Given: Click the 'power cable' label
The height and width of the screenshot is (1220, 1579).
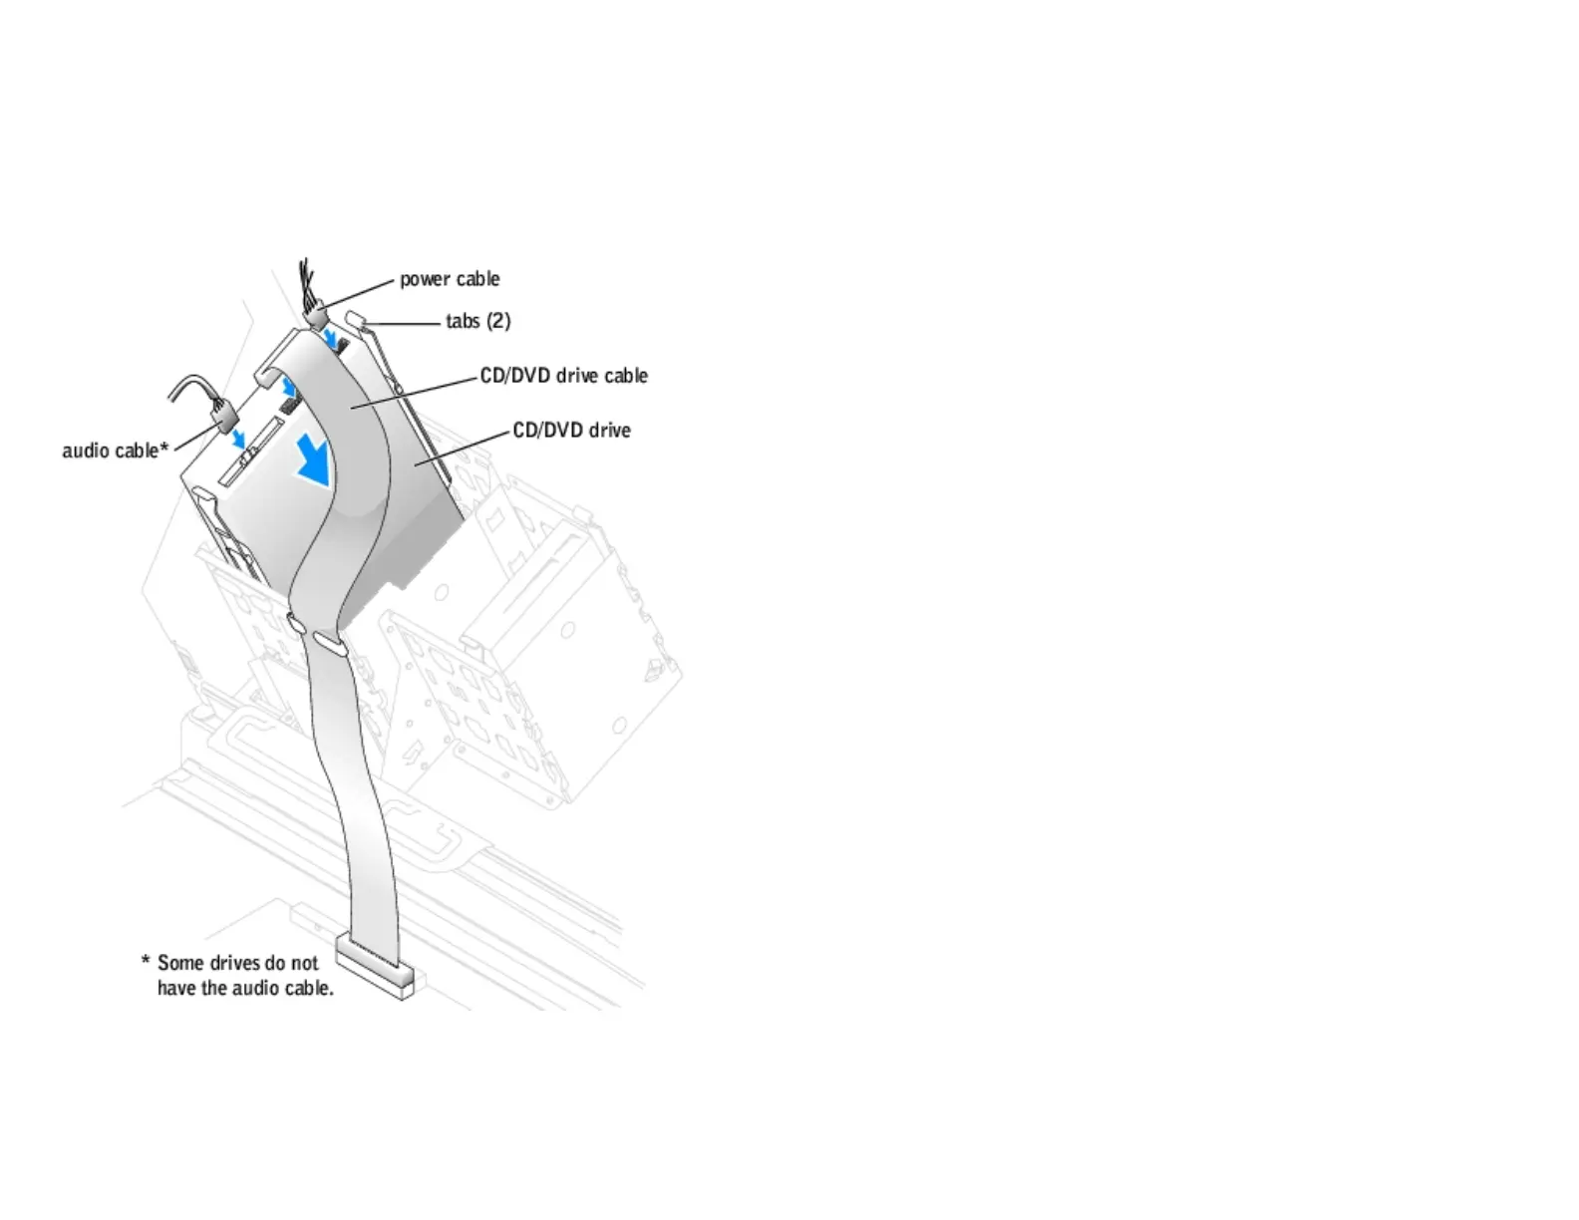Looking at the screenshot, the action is coord(450,279).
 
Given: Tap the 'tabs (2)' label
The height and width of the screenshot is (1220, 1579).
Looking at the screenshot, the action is coord(477,321).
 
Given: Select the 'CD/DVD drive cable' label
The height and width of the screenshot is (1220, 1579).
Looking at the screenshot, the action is coord(563,376).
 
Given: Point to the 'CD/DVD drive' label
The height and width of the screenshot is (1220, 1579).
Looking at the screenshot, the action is coord(571,431).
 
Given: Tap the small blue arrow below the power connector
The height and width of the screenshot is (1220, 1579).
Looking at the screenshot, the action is coord(331,342).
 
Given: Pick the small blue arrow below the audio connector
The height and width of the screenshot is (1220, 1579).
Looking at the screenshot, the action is coord(238,439).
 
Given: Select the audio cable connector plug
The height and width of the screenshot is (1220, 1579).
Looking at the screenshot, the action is coord(222,411).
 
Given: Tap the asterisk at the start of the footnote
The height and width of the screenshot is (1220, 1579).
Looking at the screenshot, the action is coord(145,962).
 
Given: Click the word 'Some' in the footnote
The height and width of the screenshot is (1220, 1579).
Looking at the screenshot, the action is coord(181,963).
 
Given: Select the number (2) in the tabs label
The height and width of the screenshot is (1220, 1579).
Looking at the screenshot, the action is coord(498,321).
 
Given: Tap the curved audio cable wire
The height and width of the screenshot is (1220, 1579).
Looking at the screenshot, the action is coord(189,384).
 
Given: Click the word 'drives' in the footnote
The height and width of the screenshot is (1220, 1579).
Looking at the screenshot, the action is coord(235,963).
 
